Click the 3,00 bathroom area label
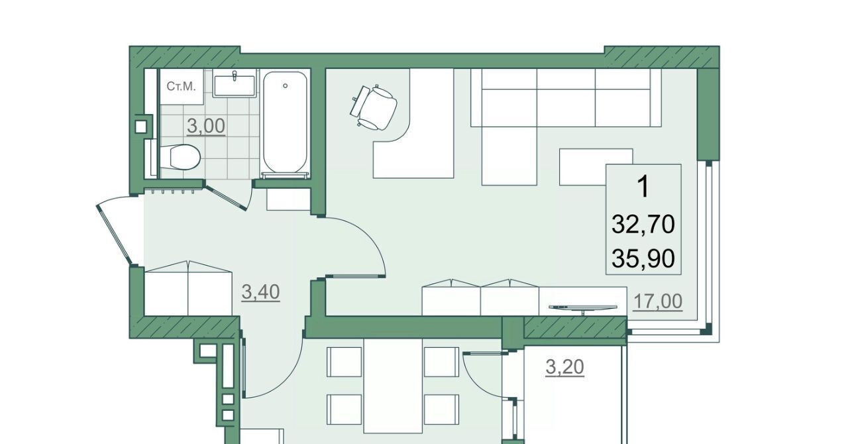tap(206, 127)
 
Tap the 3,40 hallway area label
tap(260, 292)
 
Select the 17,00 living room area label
tap(658, 302)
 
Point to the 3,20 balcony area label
tap(565, 367)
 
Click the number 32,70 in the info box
tap(643, 224)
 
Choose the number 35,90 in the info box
tap(643, 259)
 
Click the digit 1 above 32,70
tap(643, 187)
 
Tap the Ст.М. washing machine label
tap(182, 87)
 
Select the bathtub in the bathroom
tap(285, 123)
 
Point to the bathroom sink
tap(234, 85)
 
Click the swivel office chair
tap(373, 107)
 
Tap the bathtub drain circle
tap(285, 86)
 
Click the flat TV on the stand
tap(582, 308)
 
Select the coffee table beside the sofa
tap(596, 167)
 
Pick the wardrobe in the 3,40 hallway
tap(188, 288)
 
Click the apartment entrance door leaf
tap(114, 234)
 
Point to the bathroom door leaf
tap(226, 196)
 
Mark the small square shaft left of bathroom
tap(141, 127)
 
